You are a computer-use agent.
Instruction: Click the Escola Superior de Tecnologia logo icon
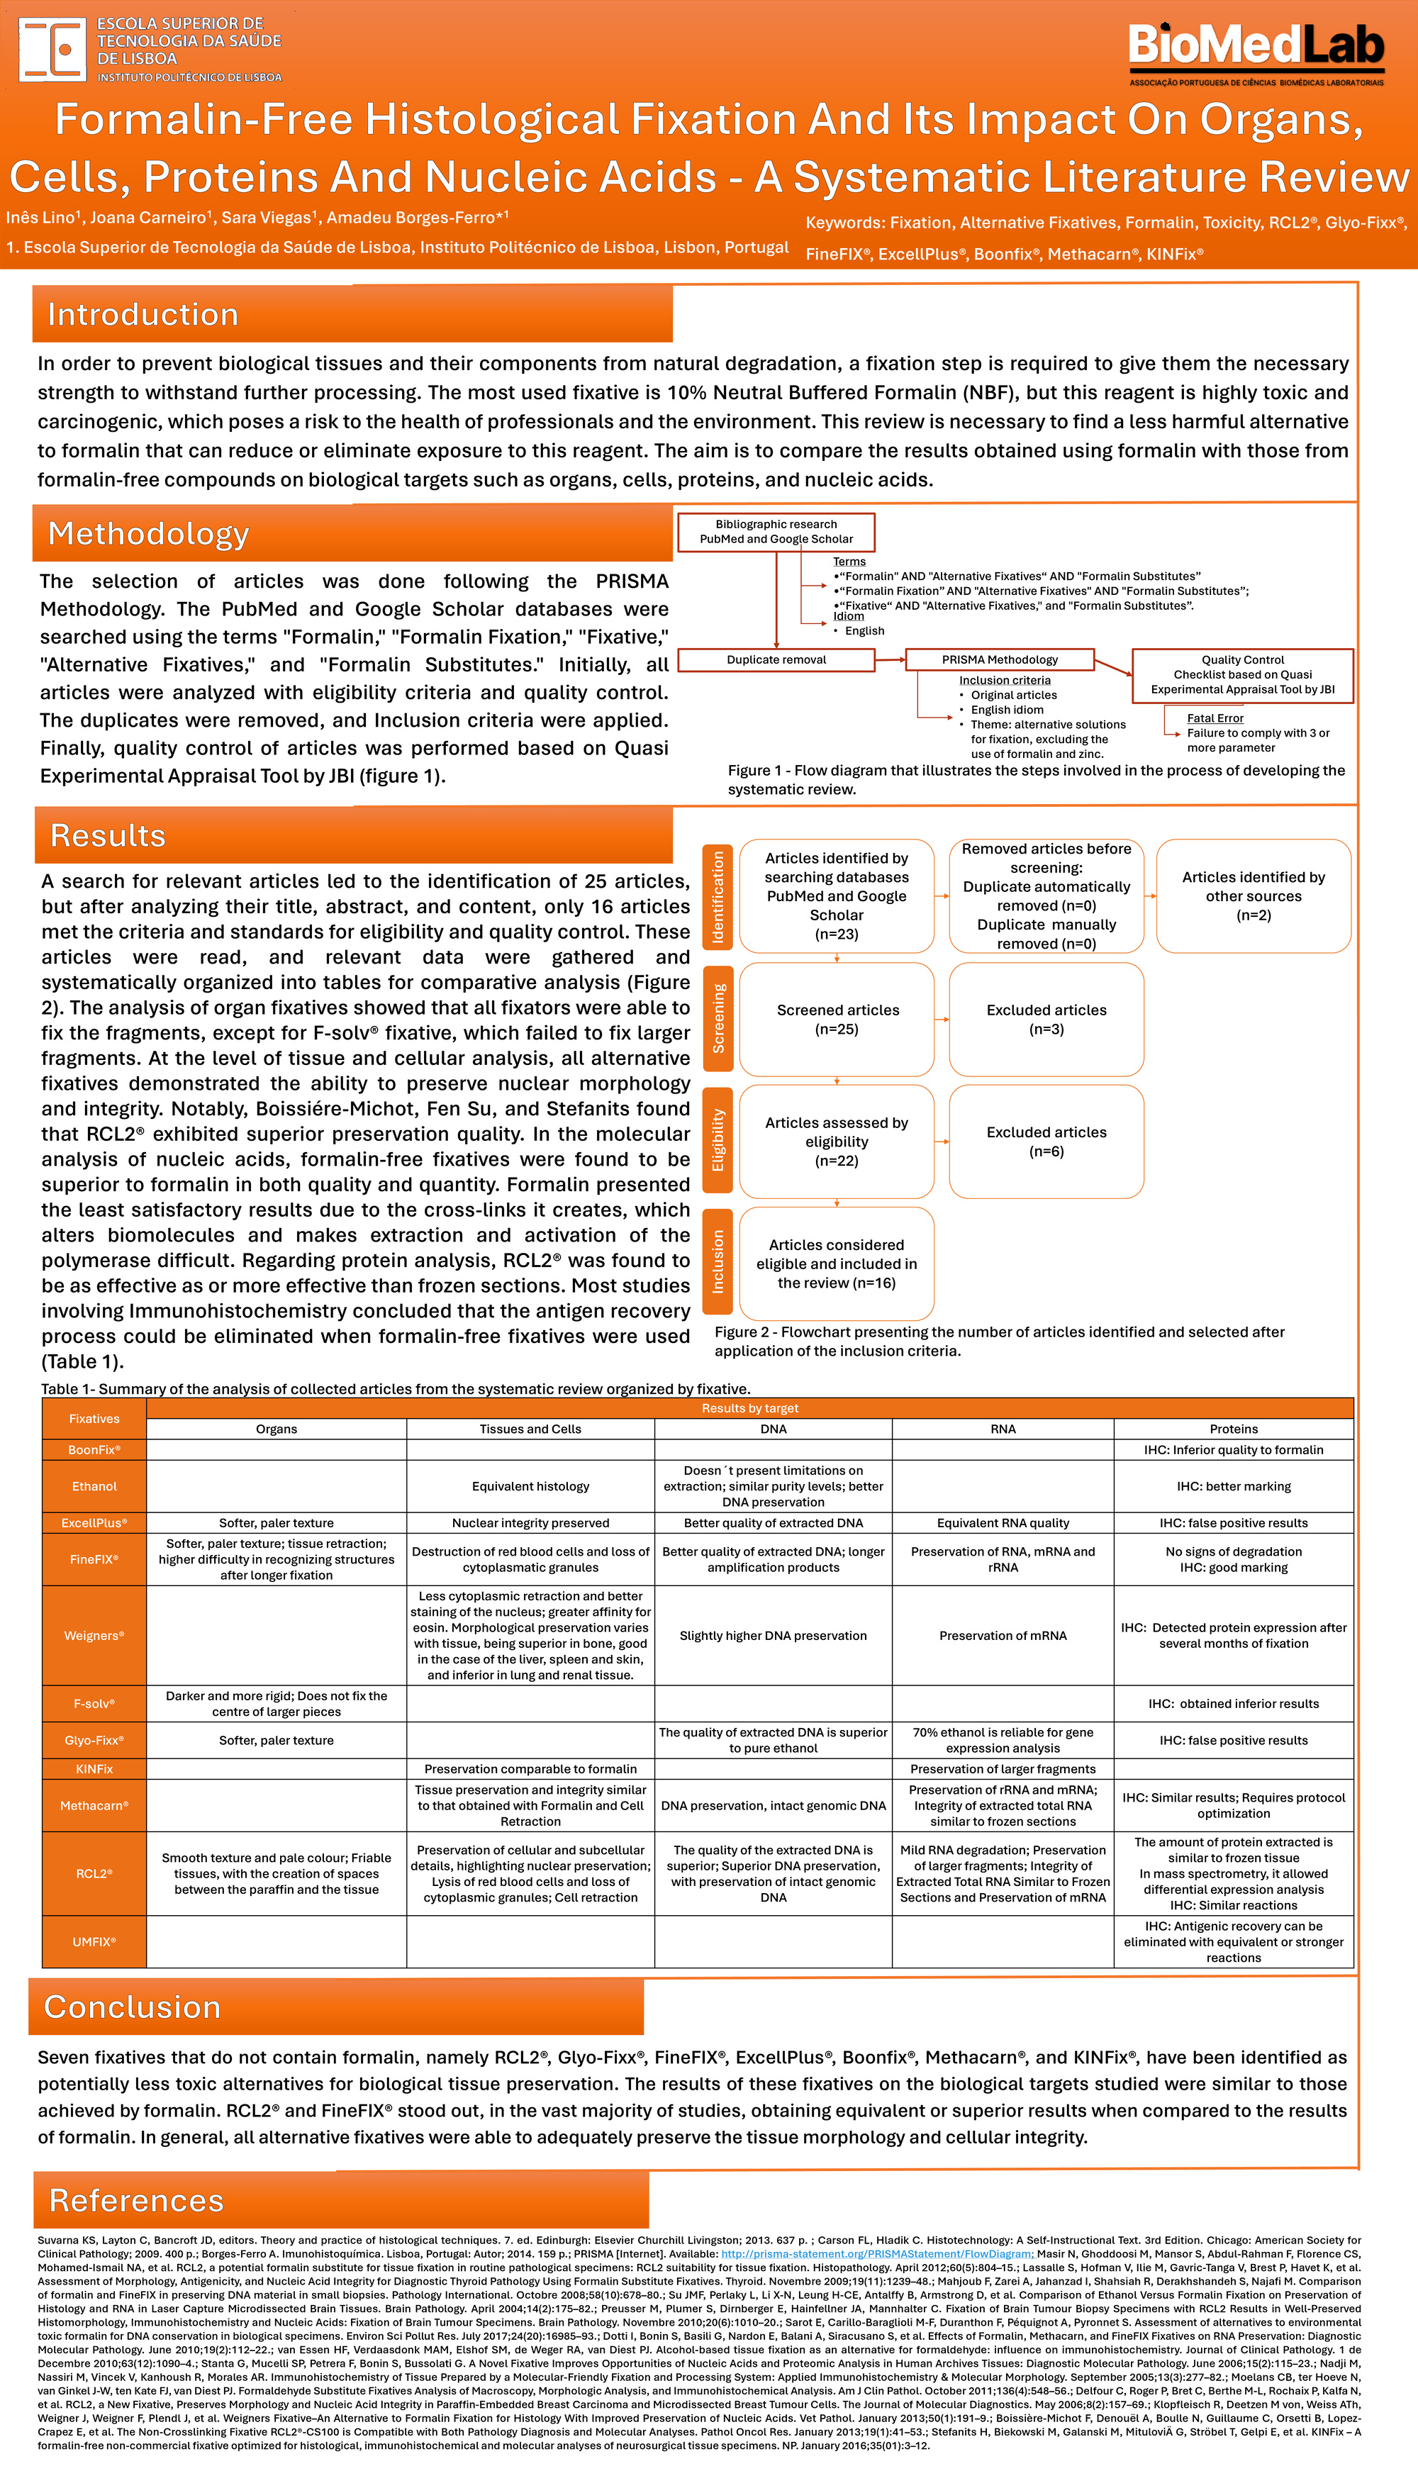tap(52, 49)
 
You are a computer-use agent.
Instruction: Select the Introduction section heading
tap(143, 315)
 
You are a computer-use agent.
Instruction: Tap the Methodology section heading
tap(148, 534)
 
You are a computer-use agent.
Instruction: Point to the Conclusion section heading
tap(133, 2007)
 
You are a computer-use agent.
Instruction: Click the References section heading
tap(136, 2199)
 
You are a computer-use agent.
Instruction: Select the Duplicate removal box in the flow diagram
tap(776, 660)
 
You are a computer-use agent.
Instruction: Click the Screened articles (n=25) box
tap(837, 1020)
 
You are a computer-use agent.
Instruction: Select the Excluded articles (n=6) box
tap(1046, 1142)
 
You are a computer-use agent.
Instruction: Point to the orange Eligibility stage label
tap(718, 1140)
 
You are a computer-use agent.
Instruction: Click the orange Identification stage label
tap(718, 897)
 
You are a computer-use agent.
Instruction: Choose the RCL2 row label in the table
tap(94, 1873)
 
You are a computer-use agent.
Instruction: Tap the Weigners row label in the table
tap(94, 1636)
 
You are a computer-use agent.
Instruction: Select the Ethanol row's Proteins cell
tap(1233, 1486)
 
